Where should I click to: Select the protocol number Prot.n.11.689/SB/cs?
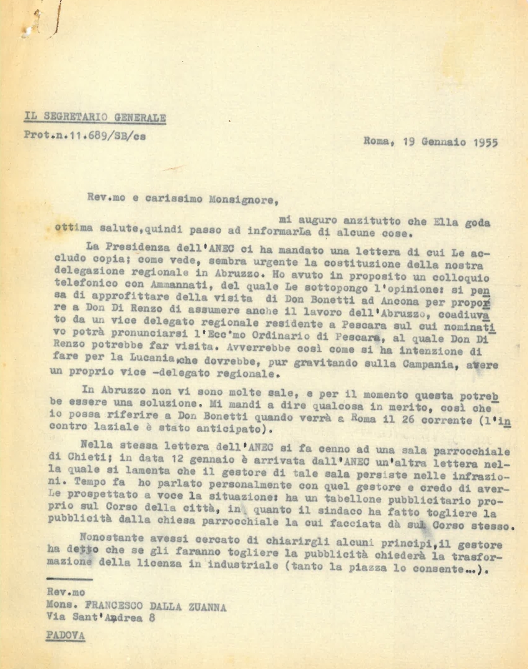click(85, 135)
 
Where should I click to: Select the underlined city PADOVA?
click(66, 637)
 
